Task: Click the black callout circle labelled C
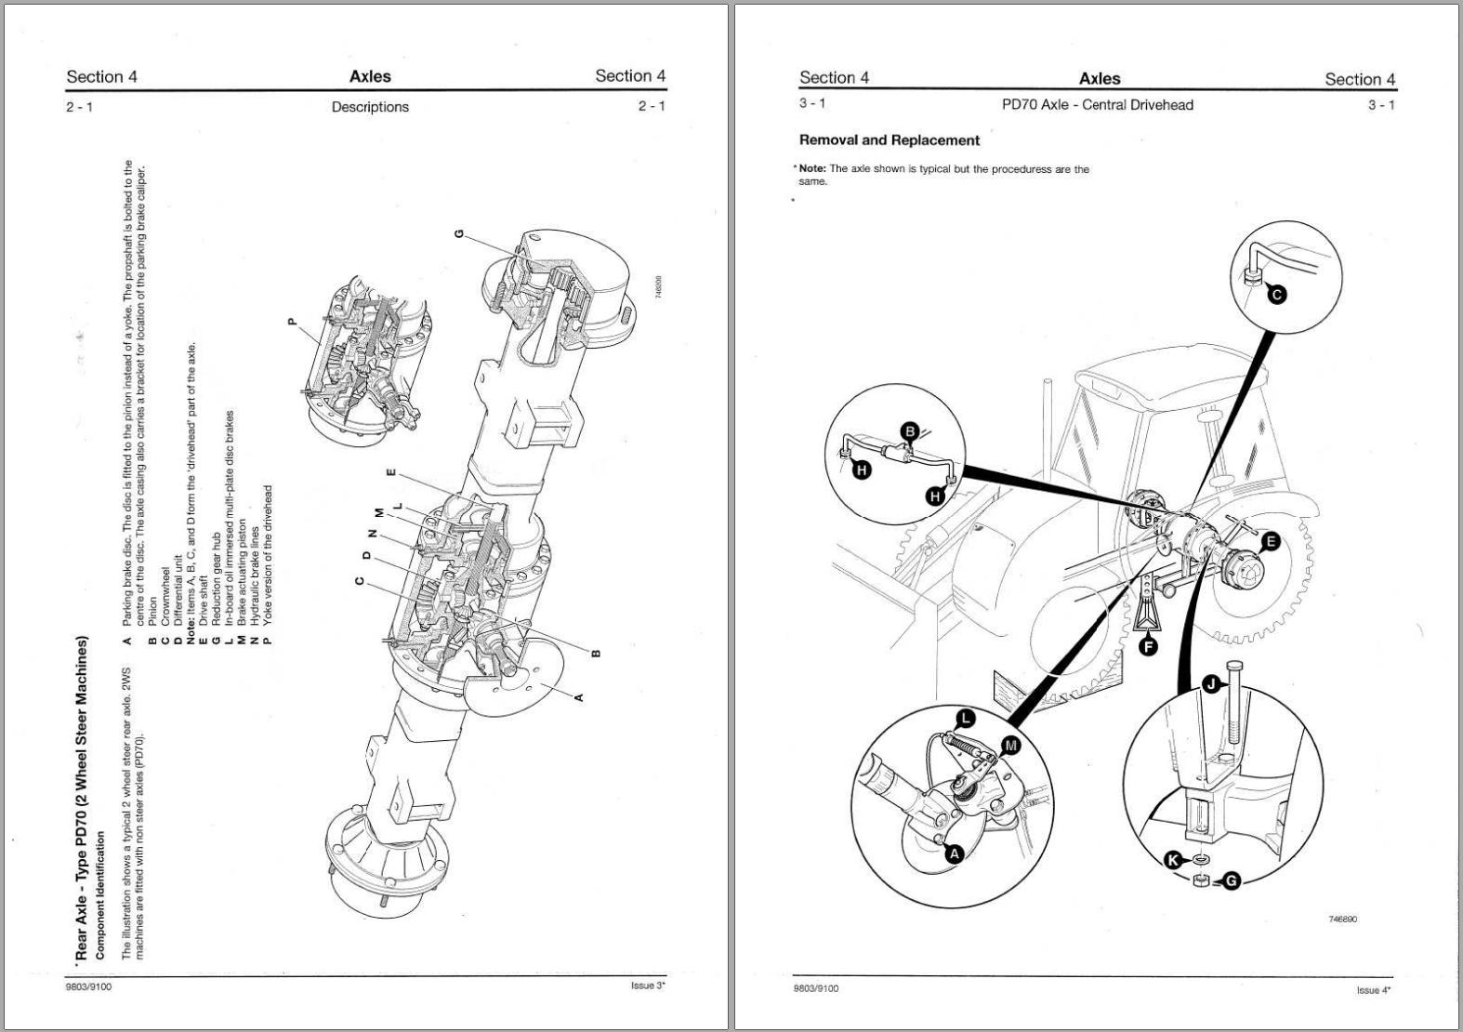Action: (x=1277, y=295)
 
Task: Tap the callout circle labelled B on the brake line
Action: (x=911, y=430)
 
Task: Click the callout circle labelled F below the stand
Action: (x=1149, y=645)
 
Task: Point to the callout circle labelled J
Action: (x=1210, y=684)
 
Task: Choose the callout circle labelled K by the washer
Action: (x=1175, y=860)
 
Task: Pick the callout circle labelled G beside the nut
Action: (x=1231, y=880)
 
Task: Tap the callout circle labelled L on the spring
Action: (x=966, y=718)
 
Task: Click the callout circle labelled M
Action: (x=1010, y=745)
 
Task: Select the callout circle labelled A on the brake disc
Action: (x=954, y=853)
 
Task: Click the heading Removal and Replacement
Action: (x=889, y=140)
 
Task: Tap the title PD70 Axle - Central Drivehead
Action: (x=1097, y=105)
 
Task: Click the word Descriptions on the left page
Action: (x=370, y=107)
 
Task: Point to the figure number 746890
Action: (x=1342, y=919)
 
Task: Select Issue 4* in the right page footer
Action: (x=1373, y=990)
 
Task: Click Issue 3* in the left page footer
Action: (x=648, y=986)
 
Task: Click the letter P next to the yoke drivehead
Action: (x=292, y=322)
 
